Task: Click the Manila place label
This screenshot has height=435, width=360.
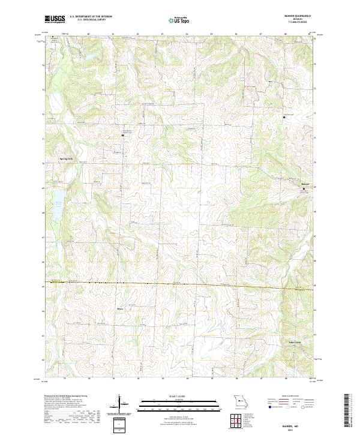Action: point(120,309)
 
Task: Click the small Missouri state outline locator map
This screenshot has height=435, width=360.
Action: point(239,400)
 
